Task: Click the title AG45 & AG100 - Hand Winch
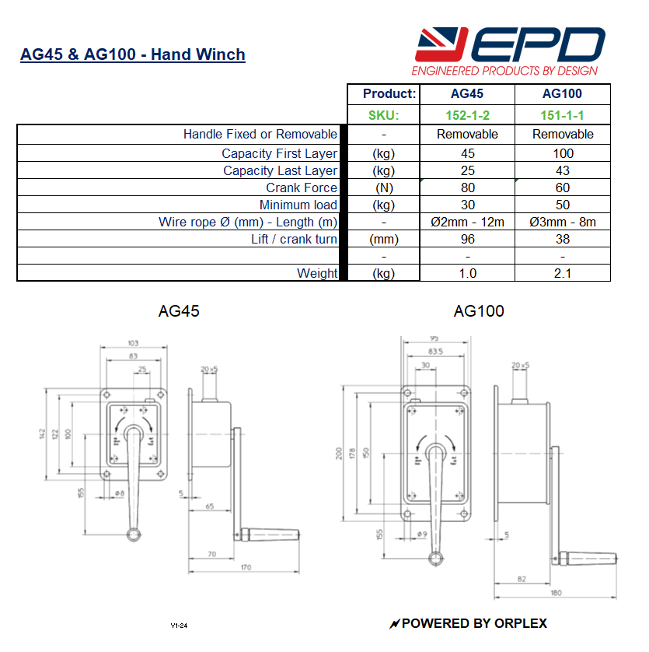coord(132,54)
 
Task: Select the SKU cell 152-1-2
coord(467,115)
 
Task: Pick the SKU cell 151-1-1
coord(563,115)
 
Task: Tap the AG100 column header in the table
coord(563,94)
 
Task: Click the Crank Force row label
coord(302,188)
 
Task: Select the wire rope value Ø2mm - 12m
coord(467,222)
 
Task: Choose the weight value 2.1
coord(563,273)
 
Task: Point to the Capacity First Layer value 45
coord(467,153)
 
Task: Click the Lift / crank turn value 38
coord(563,239)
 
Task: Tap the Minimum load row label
coord(298,205)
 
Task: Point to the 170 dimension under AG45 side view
coord(246,567)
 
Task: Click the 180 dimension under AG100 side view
coord(555,594)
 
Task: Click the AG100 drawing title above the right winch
coord(479,311)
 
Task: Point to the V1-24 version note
coord(180,625)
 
